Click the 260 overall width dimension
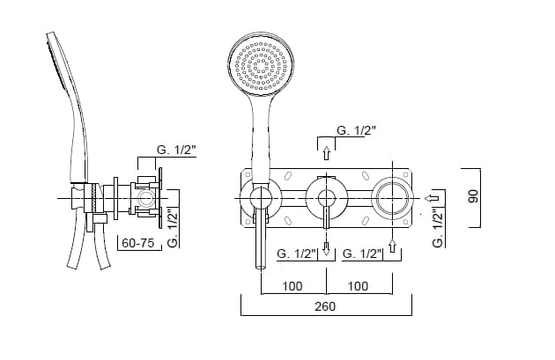[x=325, y=306]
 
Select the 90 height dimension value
[x=473, y=196]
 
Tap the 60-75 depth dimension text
[x=137, y=243]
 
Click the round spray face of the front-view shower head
[x=262, y=65]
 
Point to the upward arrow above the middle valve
[x=326, y=153]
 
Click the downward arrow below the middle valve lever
[x=326, y=249]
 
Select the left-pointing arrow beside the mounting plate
[x=432, y=198]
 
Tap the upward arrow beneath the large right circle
[x=392, y=246]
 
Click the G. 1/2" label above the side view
[x=176, y=150]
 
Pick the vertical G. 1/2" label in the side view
[x=173, y=229]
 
